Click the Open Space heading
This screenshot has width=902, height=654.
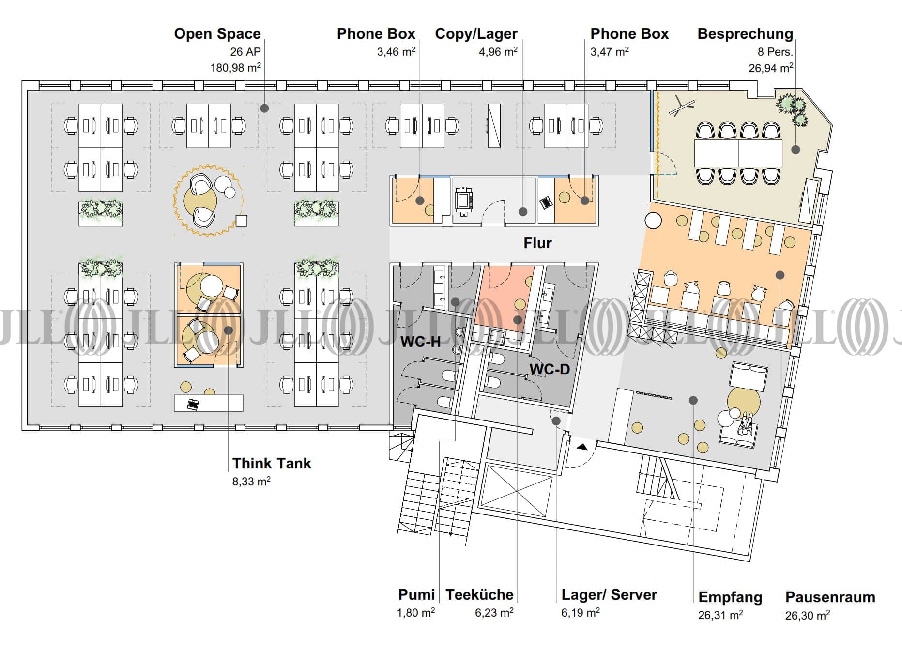pyautogui.click(x=217, y=34)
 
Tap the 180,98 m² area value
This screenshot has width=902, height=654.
pyautogui.click(x=235, y=68)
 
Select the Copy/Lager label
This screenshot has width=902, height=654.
pyautogui.click(x=476, y=34)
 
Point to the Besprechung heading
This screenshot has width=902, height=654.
pyautogui.click(x=745, y=34)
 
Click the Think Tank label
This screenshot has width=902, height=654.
pyautogui.click(x=272, y=464)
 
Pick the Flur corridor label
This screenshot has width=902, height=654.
pyautogui.click(x=537, y=243)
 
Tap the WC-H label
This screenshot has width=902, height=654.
pyautogui.click(x=420, y=342)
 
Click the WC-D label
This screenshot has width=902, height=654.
pyautogui.click(x=550, y=370)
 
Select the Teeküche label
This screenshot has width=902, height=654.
pyautogui.click(x=479, y=595)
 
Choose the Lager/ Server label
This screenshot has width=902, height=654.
pyautogui.click(x=609, y=595)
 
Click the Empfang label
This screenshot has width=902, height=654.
pyautogui.click(x=730, y=597)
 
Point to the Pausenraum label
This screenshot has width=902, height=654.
pyautogui.click(x=830, y=597)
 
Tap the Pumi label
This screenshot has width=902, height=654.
pyautogui.click(x=416, y=595)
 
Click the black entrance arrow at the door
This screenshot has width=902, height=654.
pyautogui.click(x=581, y=447)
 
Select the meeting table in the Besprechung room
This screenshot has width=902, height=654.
pyautogui.click(x=738, y=153)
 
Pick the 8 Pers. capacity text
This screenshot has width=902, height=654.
pyautogui.click(x=775, y=52)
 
